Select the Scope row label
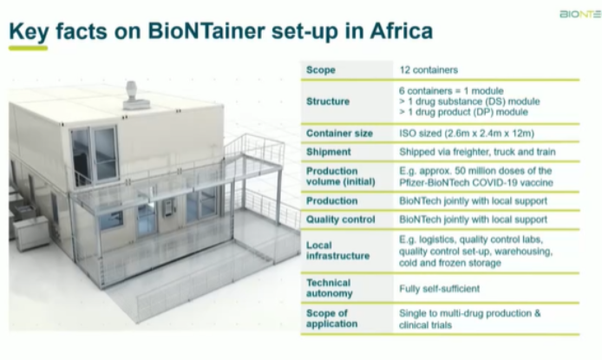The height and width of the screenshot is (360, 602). pyautogui.click(x=321, y=69)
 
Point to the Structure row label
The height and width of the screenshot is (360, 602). pyautogui.click(x=328, y=101)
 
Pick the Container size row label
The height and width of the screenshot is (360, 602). pyautogui.click(x=340, y=134)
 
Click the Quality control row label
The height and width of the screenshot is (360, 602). pyautogui.click(x=339, y=219)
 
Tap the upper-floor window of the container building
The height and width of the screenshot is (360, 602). pyautogui.click(x=95, y=154)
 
